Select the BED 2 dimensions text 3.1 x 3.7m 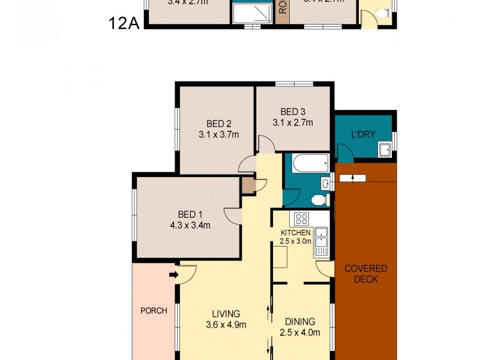(218, 135)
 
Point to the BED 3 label (293, 112)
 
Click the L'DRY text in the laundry (363, 134)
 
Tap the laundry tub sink (385, 150)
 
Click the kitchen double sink (321, 237)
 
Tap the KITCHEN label (295, 233)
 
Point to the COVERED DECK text (365, 274)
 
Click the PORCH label (154, 311)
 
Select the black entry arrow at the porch (173, 275)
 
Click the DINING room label (299, 321)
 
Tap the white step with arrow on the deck (353, 178)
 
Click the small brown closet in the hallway (248, 185)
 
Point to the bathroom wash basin (325, 184)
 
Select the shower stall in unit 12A (252, 13)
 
